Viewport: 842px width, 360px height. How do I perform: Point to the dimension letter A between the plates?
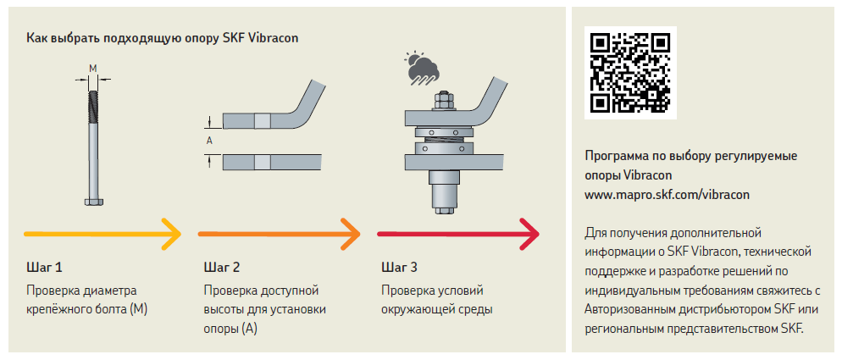[209, 141]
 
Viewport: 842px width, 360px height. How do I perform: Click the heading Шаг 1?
[44, 268]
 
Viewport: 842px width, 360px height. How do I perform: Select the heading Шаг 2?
[222, 268]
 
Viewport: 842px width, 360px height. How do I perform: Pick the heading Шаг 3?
[399, 268]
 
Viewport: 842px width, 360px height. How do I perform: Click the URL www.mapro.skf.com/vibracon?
[668, 194]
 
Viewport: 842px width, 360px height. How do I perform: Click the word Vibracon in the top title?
[273, 38]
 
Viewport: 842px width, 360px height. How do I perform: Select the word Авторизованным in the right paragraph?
[634, 309]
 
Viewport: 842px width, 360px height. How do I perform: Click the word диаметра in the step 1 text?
[109, 290]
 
